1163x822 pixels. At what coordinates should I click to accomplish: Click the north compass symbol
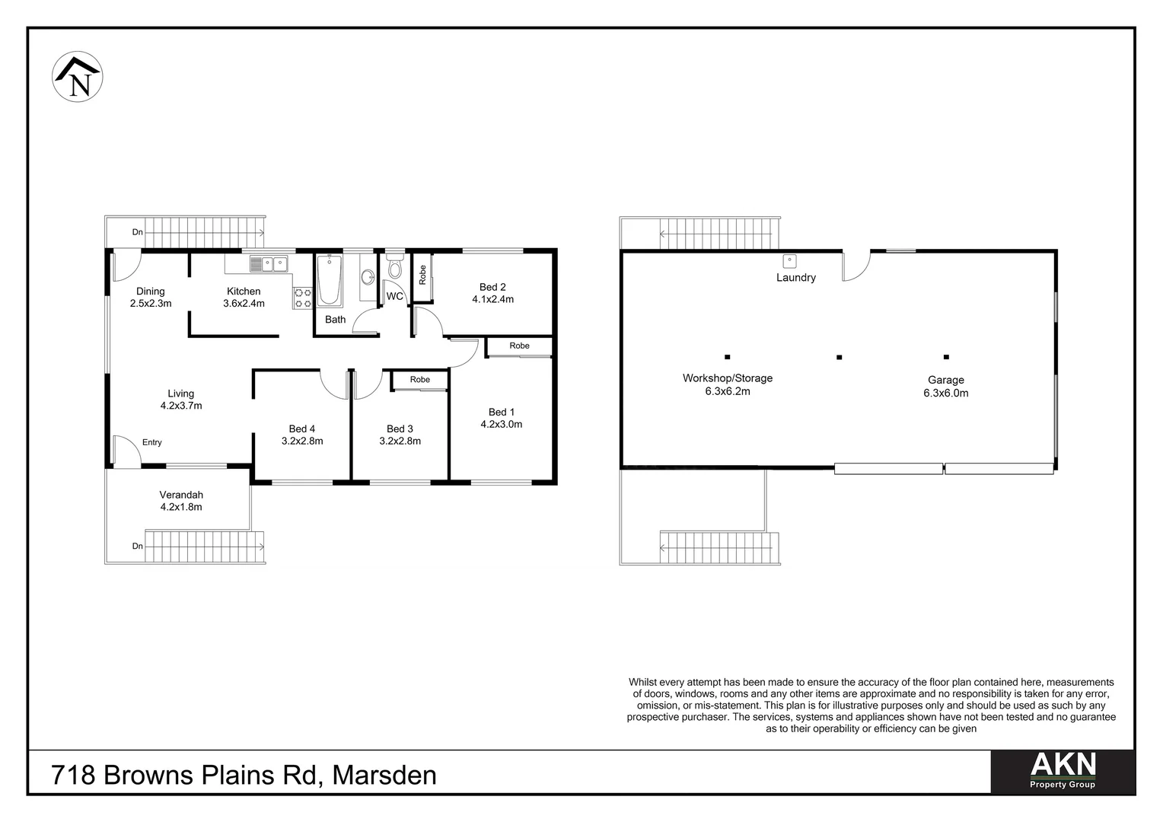coord(78,76)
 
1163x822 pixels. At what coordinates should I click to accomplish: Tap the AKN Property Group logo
coord(1062,771)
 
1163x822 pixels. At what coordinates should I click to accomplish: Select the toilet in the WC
coord(394,268)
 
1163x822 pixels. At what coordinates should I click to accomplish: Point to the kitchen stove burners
coord(302,298)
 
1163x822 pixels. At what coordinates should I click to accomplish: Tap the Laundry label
coord(795,278)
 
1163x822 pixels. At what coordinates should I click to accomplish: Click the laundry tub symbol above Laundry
coord(790,260)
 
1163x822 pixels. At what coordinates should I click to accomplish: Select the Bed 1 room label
coord(501,412)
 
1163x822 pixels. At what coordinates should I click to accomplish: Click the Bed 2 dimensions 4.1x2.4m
coord(492,299)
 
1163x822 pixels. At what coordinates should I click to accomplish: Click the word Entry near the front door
coord(151,442)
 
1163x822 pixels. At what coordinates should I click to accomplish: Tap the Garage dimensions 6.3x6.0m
coord(945,393)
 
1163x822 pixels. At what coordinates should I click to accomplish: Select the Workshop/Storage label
coord(727,378)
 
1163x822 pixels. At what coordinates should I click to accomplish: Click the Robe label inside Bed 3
coord(419,379)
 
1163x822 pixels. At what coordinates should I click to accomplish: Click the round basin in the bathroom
coord(367,277)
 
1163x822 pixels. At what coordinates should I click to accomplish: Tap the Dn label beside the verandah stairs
coord(137,546)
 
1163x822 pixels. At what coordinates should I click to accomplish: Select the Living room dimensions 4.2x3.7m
coord(181,406)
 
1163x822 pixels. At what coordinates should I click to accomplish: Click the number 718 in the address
coord(73,776)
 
